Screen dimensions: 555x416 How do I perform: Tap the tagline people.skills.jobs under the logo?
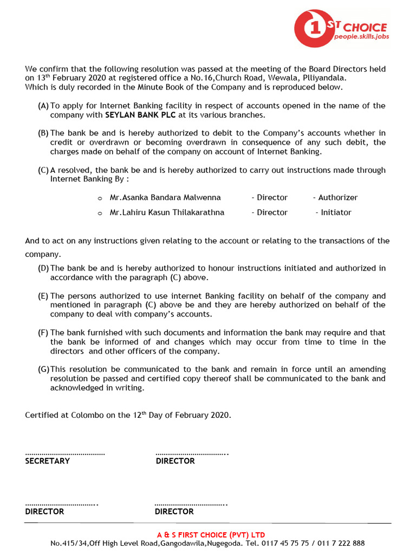point(361,37)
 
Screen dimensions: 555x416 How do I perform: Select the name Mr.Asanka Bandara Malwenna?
point(165,198)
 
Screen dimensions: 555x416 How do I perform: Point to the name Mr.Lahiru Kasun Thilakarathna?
point(167,212)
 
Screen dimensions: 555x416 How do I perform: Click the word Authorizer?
point(337,198)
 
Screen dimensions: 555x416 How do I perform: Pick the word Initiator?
point(336,212)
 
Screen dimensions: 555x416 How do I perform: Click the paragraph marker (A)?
point(43,106)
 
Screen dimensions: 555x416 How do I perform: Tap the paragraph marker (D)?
point(43,268)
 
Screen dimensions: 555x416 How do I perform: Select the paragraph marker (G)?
point(44,369)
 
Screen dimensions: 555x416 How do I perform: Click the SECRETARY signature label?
point(47,461)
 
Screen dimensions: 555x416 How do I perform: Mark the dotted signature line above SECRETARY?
point(65,453)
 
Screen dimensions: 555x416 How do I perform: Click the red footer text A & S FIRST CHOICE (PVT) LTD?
point(211,535)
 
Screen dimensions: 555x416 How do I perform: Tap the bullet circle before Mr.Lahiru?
point(100,213)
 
